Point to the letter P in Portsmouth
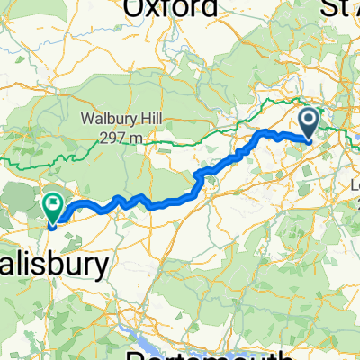[x=135, y=354]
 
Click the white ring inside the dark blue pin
[x=308, y=120]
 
